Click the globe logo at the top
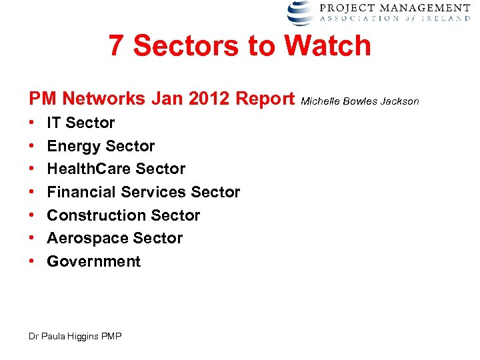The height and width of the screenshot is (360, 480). (x=300, y=13)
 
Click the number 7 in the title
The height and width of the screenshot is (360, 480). (x=116, y=46)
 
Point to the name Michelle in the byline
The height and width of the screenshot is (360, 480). (x=320, y=101)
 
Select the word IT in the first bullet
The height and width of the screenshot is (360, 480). (x=54, y=123)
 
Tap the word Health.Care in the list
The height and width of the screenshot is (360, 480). (x=89, y=169)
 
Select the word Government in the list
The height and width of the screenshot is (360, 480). (x=94, y=261)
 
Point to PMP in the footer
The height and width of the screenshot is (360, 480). (x=111, y=337)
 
